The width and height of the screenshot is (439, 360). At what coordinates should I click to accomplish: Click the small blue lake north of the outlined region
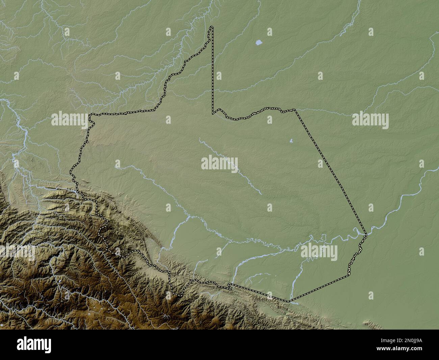pyautogui.click(x=259, y=43)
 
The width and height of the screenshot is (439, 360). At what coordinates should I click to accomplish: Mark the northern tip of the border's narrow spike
pyautogui.click(x=211, y=27)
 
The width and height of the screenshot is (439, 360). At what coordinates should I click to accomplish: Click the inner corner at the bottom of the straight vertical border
pyautogui.click(x=212, y=114)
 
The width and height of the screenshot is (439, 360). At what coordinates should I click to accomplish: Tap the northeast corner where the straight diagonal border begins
pyautogui.click(x=295, y=110)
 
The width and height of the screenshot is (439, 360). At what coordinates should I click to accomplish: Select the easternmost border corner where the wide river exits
pyautogui.click(x=366, y=234)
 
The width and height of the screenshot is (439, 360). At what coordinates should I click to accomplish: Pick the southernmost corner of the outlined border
pyautogui.click(x=289, y=301)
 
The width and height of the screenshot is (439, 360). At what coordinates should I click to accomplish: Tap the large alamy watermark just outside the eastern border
pyautogui.click(x=370, y=120)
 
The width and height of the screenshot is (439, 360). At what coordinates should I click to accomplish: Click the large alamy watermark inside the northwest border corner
pyautogui.click(x=70, y=120)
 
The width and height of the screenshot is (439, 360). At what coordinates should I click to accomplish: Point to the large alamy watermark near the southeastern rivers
pyautogui.click(x=319, y=252)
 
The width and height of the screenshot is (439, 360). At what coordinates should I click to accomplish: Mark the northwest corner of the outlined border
pyautogui.click(x=90, y=115)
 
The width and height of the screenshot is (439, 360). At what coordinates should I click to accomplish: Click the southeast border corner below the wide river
pyautogui.click(x=349, y=275)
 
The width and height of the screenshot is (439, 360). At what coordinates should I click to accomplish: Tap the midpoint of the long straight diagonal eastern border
pyautogui.click(x=331, y=172)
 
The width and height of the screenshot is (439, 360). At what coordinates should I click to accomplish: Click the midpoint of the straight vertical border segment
pyautogui.click(x=213, y=70)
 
